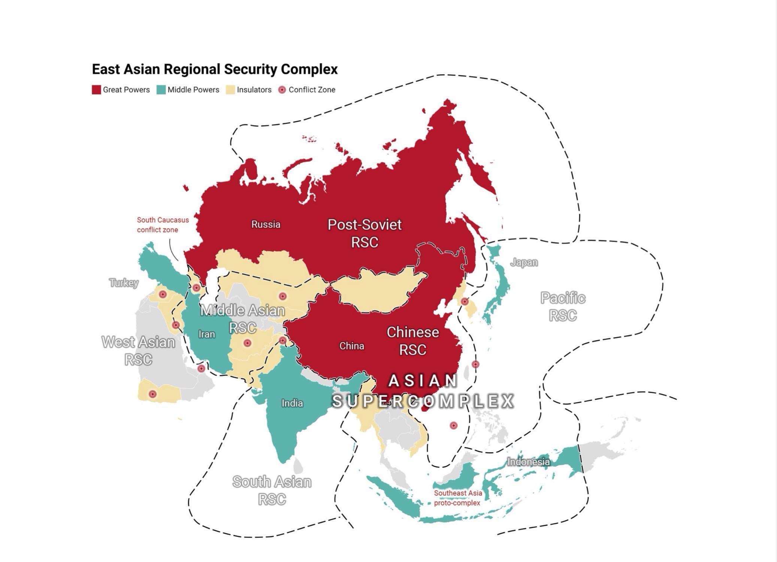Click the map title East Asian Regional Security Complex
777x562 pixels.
pos(215,69)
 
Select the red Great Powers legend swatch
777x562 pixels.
pos(96,90)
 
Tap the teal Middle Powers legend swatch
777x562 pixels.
pos(161,90)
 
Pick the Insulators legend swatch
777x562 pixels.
pos(230,90)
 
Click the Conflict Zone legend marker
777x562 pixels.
pos(282,90)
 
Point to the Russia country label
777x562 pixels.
pos(266,224)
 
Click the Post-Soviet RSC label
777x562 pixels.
pos(365,233)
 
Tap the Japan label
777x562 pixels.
pos(524,262)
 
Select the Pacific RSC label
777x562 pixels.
pos(563,306)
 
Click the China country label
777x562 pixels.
pos(351,346)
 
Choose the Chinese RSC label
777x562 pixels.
pos(412,341)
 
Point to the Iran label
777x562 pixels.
pos(206,334)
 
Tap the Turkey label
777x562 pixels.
pos(124,282)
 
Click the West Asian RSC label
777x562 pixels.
pos(138,351)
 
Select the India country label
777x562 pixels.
pos(292,403)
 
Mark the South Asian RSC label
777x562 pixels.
pos(272,490)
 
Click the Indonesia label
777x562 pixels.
pos(528,462)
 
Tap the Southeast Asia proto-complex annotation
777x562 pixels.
pos(458,498)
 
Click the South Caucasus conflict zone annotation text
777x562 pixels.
pos(163,225)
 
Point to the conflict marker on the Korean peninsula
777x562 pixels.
pos(465,301)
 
